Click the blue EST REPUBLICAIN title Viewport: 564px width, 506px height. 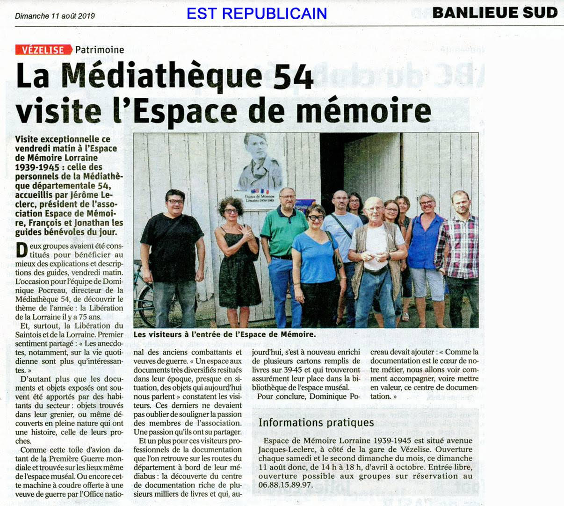257,14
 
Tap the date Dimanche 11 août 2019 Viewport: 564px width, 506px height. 55,16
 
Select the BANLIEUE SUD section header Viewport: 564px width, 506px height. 495,13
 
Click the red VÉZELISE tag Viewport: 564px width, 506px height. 43,50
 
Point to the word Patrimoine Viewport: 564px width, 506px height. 100,50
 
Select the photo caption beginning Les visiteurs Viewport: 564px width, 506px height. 224,334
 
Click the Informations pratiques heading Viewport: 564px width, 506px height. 316,423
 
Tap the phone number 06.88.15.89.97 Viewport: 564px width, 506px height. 285,485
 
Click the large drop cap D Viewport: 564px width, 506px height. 22,250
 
